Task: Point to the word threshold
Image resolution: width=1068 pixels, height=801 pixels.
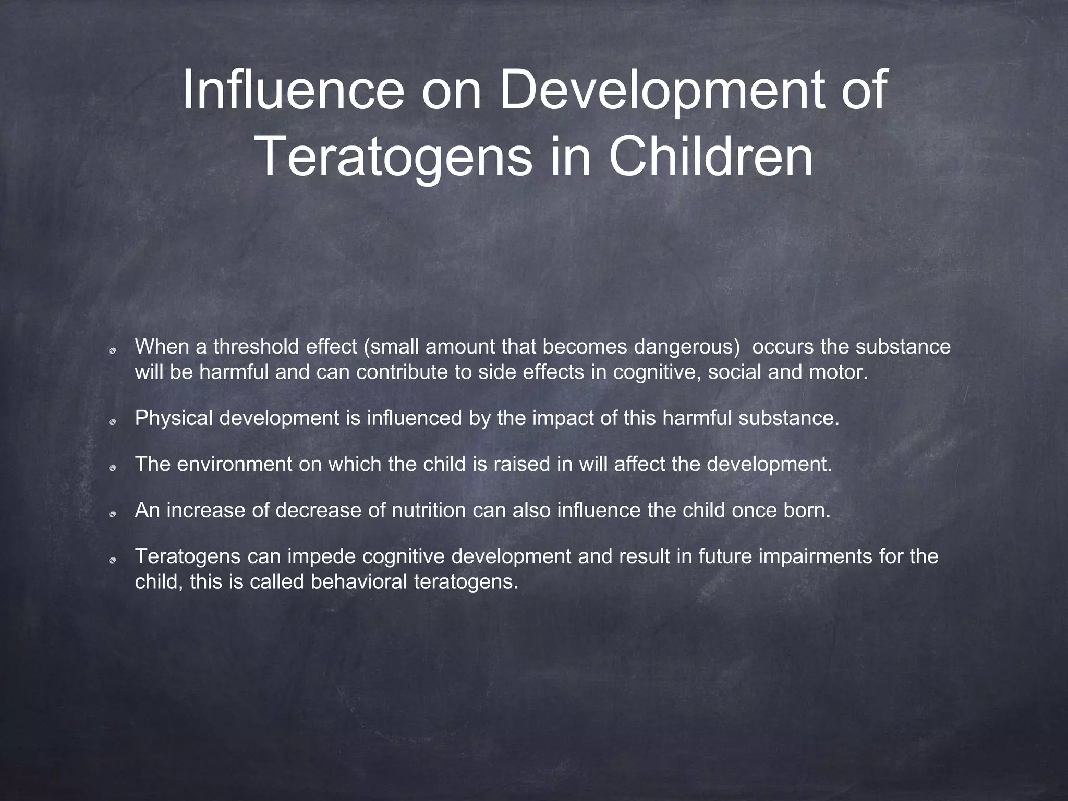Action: (255, 347)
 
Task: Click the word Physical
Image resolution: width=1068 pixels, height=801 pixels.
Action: (174, 418)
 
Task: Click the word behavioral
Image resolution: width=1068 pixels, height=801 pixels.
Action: (358, 582)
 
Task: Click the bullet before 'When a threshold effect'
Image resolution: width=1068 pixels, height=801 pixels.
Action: (112, 350)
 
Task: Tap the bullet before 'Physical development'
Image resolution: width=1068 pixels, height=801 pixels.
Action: (112, 422)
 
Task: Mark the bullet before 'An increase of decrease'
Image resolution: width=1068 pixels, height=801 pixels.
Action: (112, 514)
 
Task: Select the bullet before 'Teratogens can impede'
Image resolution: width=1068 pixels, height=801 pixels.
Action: (112, 560)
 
